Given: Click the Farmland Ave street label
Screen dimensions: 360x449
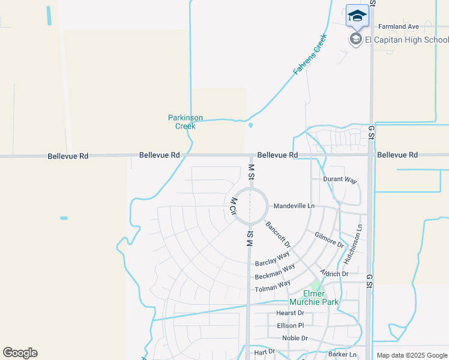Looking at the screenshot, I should (x=398, y=26).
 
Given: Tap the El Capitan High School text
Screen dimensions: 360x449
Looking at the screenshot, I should (x=407, y=40).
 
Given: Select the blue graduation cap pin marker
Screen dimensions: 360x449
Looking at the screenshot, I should (x=357, y=16).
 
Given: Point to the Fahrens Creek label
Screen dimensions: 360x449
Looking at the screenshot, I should (x=310, y=55).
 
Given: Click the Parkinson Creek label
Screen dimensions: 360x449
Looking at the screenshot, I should (x=185, y=122).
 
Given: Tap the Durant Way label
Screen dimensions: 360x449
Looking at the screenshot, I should (x=340, y=180).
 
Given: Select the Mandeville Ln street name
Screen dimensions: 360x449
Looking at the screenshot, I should (x=294, y=206).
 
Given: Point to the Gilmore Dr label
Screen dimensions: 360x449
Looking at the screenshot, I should (x=329, y=241).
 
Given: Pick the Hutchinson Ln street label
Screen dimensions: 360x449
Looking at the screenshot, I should (x=354, y=245).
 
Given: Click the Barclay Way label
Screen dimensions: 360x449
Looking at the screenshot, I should (x=273, y=259).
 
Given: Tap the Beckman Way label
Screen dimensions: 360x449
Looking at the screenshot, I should (x=274, y=272).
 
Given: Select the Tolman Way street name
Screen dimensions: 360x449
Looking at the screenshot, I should (x=273, y=286).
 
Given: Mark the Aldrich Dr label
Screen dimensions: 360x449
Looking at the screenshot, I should (x=334, y=274).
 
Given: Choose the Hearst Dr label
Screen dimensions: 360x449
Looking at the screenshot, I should (x=290, y=313).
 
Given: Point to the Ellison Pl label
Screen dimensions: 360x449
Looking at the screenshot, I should (x=291, y=325).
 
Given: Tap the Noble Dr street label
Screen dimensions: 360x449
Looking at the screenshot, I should (x=295, y=338).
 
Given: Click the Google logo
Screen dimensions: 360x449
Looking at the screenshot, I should (x=20, y=353).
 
